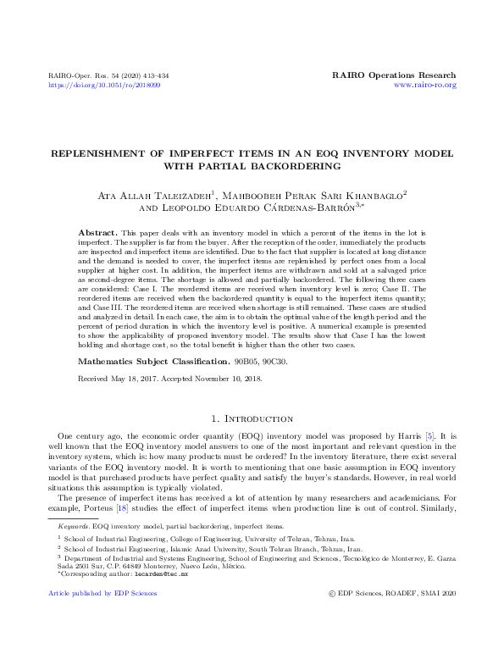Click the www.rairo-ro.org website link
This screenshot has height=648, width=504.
425,85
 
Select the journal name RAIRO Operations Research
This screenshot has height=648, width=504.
394,75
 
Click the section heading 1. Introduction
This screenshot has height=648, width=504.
252,418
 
